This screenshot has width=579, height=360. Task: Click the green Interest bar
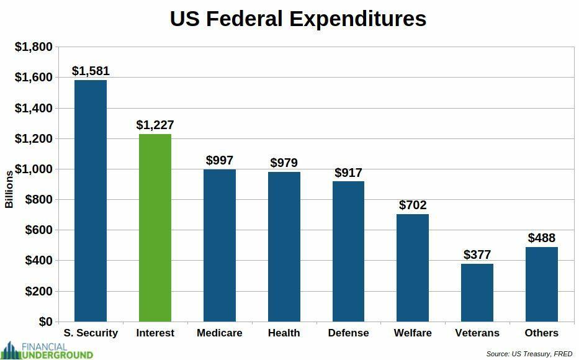[x=155, y=227]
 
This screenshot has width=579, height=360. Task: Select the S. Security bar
[x=91, y=200]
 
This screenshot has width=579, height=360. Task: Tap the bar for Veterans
[x=477, y=292]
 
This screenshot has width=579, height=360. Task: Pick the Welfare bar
[x=413, y=268]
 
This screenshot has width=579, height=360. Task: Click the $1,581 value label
[x=91, y=71]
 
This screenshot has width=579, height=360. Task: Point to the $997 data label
[x=220, y=160]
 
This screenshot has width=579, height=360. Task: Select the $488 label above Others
[x=542, y=238]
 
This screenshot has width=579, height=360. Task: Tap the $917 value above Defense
[x=348, y=173]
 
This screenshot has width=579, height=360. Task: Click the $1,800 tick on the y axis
[x=34, y=47]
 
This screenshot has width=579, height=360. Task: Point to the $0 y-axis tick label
[x=45, y=322]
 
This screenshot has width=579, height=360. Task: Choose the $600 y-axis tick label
[x=38, y=230]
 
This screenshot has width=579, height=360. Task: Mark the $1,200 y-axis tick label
[x=34, y=138]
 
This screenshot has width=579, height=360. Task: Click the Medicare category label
[x=220, y=333]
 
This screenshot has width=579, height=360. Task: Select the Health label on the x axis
[x=284, y=333]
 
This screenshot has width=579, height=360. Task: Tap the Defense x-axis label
[x=348, y=333]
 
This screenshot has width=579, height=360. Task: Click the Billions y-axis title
[x=9, y=189]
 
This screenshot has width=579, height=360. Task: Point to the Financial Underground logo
[x=47, y=350]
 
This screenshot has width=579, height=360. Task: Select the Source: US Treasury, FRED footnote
[x=529, y=354]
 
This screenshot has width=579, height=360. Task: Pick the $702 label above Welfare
[x=413, y=205]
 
